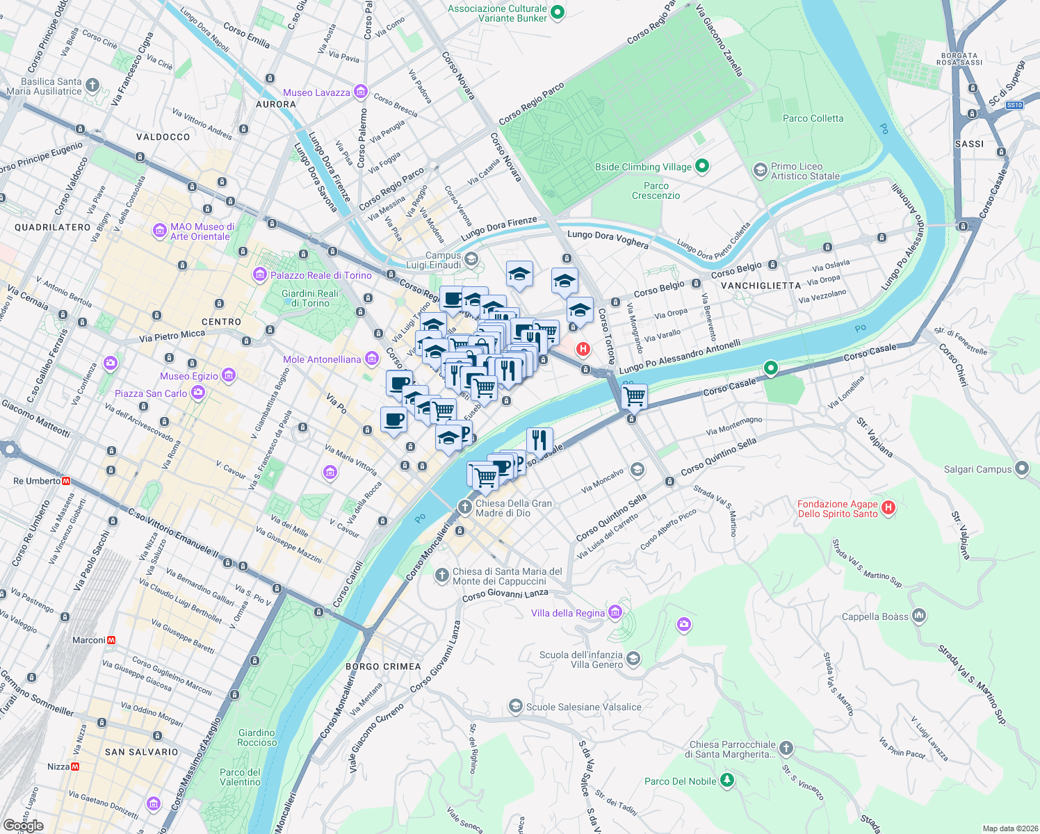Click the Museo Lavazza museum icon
click(360, 92)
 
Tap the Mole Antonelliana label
click(322, 359)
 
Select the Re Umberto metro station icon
click(67, 481)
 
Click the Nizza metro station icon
click(75, 767)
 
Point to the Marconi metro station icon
click(111, 640)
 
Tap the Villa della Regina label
click(567, 613)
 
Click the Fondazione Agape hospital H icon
click(888, 508)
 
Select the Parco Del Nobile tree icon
click(727, 780)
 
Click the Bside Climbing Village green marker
click(702, 166)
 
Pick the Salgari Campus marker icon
click(1021, 468)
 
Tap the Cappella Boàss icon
click(919, 616)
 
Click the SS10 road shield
click(1014, 105)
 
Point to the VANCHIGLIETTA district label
click(761, 286)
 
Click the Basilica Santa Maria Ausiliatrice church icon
click(92, 86)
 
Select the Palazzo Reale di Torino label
click(320, 275)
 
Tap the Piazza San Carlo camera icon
click(198, 393)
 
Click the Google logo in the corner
click(23, 826)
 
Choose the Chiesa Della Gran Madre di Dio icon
click(465, 507)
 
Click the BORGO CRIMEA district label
click(383, 667)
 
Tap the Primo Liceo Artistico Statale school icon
click(761, 170)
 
